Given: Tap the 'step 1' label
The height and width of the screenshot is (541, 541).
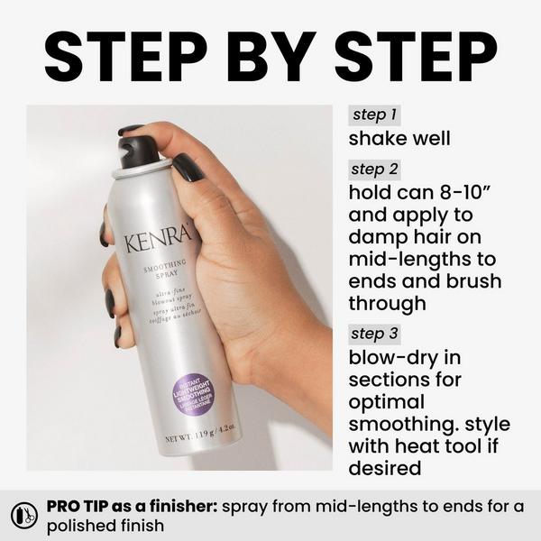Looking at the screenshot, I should [x=374, y=115].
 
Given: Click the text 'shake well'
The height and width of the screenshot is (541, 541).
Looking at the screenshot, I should [x=399, y=139].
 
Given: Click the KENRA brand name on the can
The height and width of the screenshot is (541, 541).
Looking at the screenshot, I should [x=160, y=241].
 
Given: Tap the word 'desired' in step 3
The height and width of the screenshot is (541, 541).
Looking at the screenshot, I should [x=386, y=467].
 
